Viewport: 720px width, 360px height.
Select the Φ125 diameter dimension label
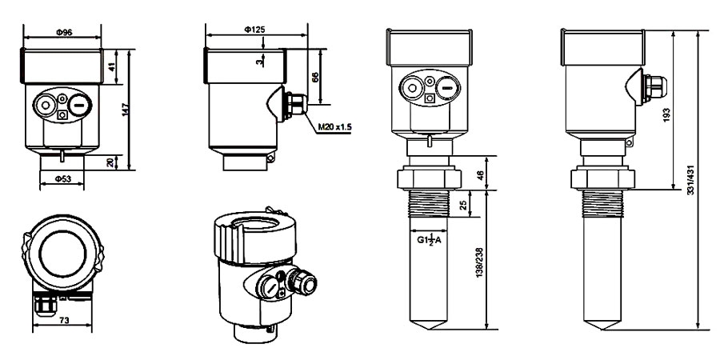click(x=255, y=30)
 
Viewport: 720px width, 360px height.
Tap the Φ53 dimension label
click(x=62, y=178)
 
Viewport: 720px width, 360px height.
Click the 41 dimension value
click(x=113, y=67)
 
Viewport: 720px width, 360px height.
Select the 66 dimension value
click(x=315, y=77)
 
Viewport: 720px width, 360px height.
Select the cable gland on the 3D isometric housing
click(x=304, y=282)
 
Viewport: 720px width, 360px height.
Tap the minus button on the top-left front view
click(x=78, y=104)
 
